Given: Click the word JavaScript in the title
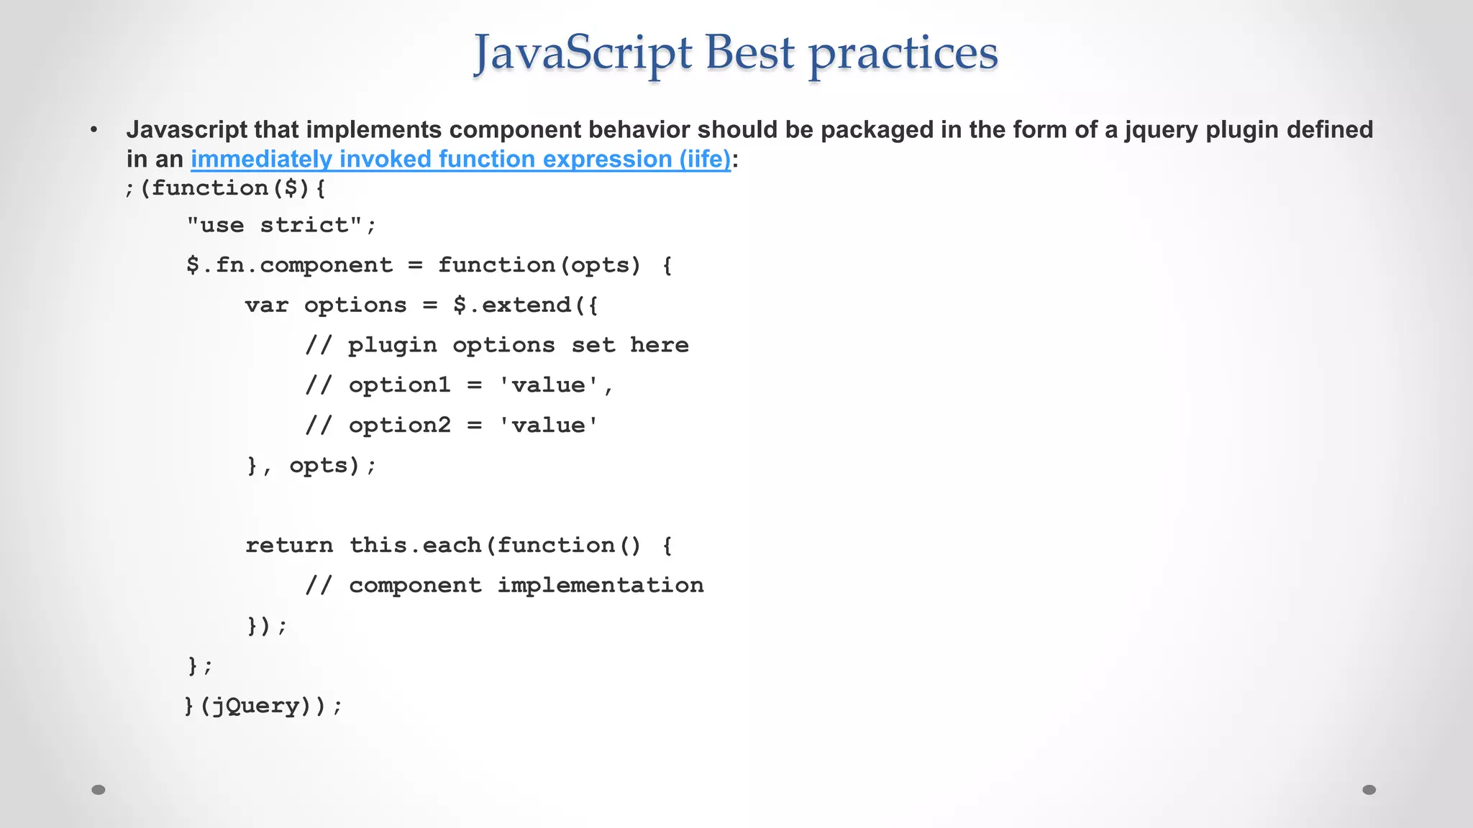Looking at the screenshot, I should point(583,54).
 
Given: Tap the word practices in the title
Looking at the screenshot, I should point(903,54).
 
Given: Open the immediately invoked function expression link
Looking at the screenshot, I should point(460,159).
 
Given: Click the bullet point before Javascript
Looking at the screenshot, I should point(94,131).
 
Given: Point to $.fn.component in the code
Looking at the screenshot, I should point(289,265).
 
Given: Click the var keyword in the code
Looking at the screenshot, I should point(266,305).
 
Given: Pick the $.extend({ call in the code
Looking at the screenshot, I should point(526,305).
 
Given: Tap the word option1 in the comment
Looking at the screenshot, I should point(399,386).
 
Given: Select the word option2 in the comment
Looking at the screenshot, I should point(399,425).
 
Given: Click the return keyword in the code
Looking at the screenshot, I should point(289,546).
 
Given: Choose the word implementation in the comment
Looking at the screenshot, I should point(601,586).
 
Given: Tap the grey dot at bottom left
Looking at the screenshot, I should point(99,790).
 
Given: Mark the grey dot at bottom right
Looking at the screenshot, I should point(1369,790).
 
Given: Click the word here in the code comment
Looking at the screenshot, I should point(659,346).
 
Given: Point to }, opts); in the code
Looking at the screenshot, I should point(311,466).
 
